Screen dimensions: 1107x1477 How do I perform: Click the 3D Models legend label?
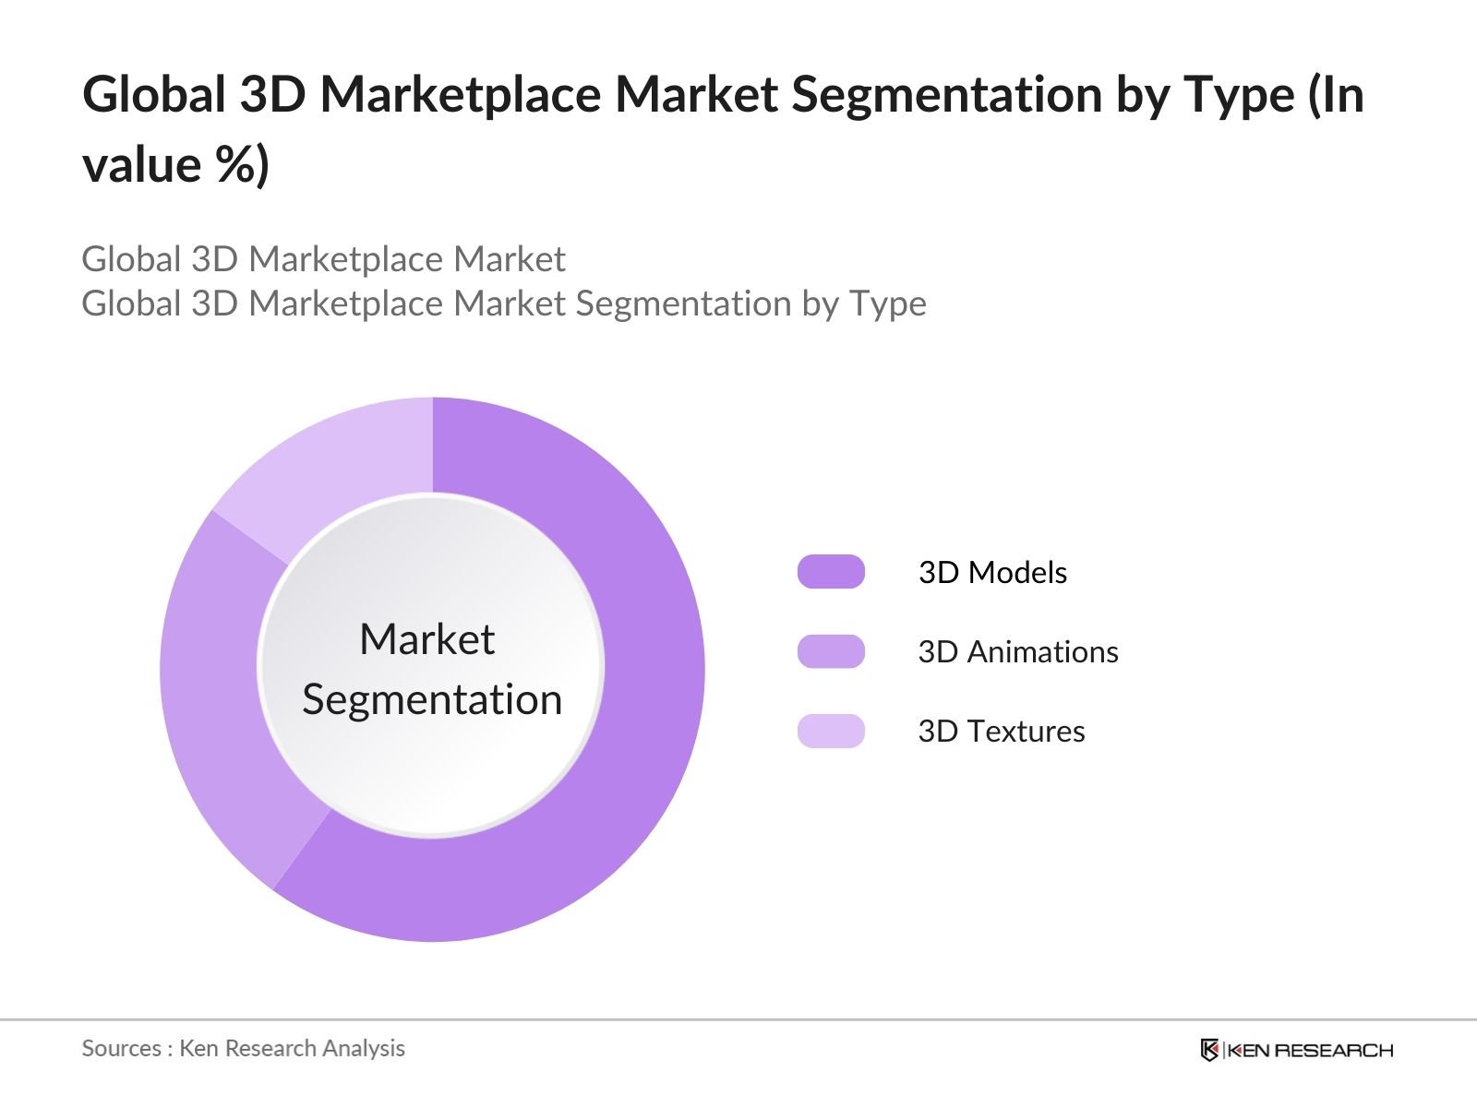(992, 573)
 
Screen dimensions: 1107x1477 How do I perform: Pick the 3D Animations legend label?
(1017, 652)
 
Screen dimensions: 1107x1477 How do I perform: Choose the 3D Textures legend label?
(1001, 732)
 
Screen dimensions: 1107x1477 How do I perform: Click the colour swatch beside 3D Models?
(831, 572)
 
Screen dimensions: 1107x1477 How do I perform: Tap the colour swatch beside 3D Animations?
(831, 651)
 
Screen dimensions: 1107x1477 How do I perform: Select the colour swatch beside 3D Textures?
(831, 731)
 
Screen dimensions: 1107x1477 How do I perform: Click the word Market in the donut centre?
(426, 639)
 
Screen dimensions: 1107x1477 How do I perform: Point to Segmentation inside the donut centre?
(432, 699)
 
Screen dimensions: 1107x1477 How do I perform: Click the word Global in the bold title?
(154, 94)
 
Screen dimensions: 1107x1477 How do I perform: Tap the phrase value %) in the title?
(175, 165)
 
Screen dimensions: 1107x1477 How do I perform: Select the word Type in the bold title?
(1239, 94)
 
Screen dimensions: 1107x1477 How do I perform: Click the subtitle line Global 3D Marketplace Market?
(323, 259)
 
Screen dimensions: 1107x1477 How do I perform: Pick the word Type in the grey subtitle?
(887, 304)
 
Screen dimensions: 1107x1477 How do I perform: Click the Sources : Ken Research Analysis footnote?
(243, 1048)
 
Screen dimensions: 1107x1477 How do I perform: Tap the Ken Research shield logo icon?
(1209, 1050)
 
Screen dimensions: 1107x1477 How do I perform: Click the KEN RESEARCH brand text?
(1309, 1050)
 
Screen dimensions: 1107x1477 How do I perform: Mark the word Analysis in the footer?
(369, 1048)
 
